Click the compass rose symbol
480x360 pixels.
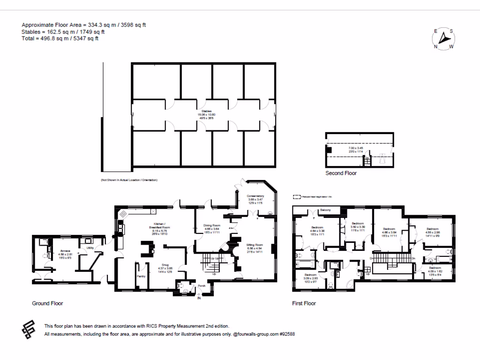(x=443, y=39)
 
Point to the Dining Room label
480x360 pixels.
(x=212, y=225)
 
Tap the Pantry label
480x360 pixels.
(x=141, y=277)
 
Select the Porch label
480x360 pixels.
(x=202, y=285)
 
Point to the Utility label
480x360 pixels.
(x=89, y=248)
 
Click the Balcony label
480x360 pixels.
(x=326, y=210)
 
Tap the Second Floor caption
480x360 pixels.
(x=341, y=173)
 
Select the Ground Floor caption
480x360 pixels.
(x=47, y=303)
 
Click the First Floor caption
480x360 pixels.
(x=304, y=303)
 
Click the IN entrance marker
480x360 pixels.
(x=199, y=298)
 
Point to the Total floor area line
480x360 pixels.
(x=60, y=39)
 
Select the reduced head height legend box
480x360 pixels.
(x=297, y=197)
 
